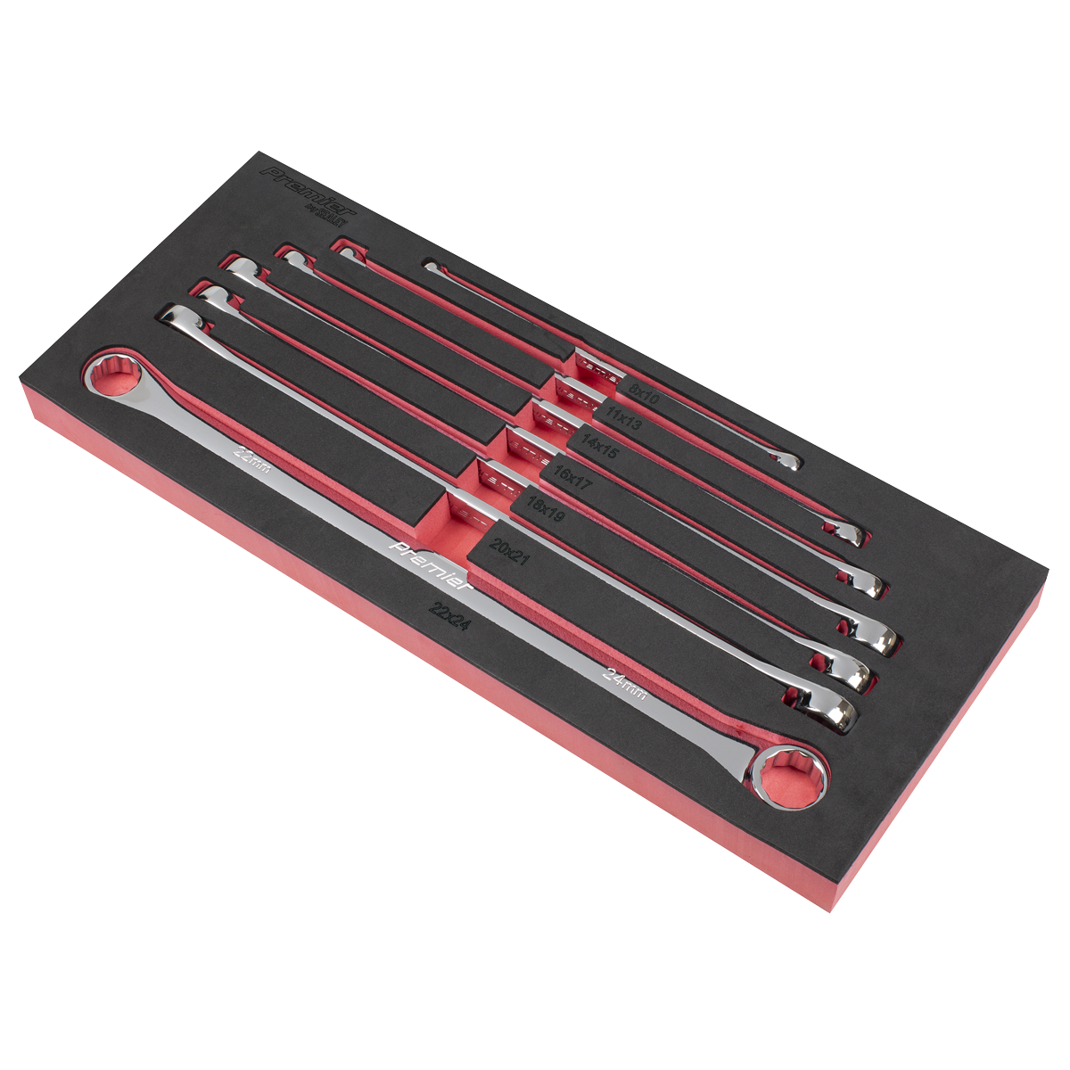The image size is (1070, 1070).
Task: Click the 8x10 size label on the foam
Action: click(644, 394)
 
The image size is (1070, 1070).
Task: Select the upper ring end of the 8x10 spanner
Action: click(432, 266)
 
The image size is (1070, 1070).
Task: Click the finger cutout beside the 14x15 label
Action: click(547, 416)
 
